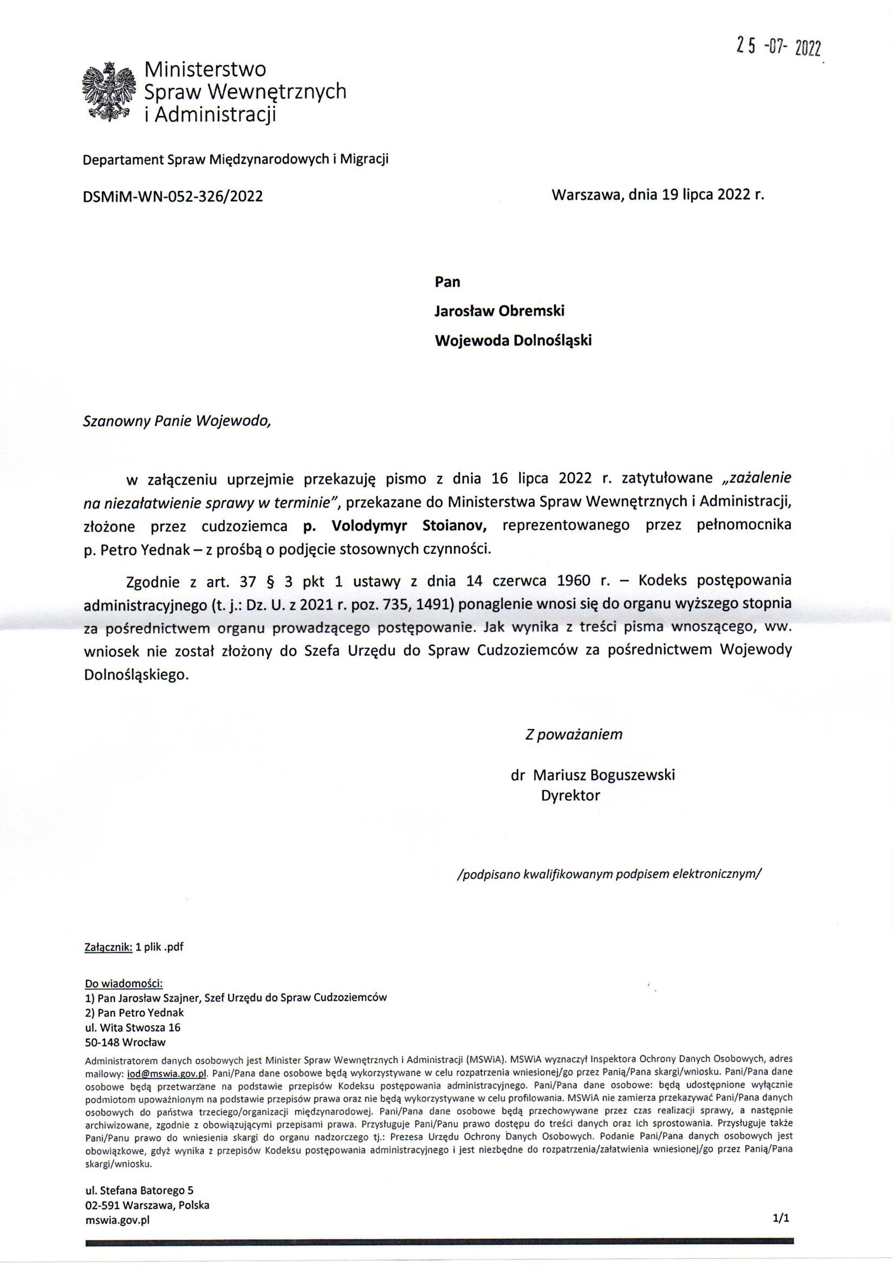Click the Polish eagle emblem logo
108,92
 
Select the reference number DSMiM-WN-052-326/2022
172,196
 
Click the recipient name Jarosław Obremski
499,311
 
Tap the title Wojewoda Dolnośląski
513,340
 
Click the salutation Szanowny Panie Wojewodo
177,421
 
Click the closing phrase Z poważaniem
574,734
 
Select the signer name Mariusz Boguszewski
604,775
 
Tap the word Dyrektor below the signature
570,795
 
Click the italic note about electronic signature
609,874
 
